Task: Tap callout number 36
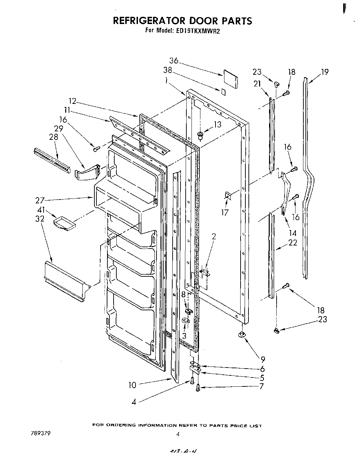click(x=174, y=61)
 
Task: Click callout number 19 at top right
click(x=325, y=72)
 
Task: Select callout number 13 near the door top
click(x=218, y=124)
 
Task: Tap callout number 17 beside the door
click(x=225, y=213)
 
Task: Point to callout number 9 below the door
click(x=263, y=359)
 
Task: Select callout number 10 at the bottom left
click(x=132, y=385)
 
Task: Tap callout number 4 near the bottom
click(x=134, y=402)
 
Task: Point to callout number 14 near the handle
click(x=293, y=233)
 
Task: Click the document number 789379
click(x=40, y=433)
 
